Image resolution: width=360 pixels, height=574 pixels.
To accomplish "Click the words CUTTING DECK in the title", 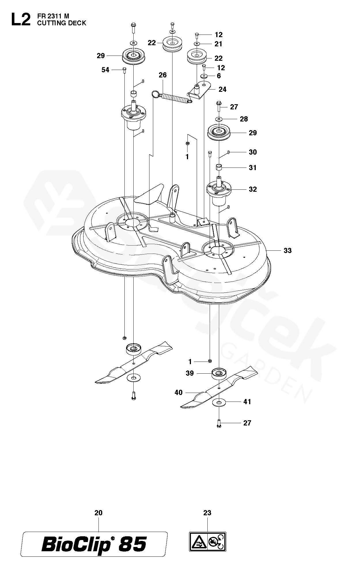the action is [x=61, y=23].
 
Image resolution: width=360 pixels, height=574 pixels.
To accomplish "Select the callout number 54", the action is [x=105, y=70].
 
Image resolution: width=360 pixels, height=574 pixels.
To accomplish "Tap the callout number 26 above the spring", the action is [x=163, y=75].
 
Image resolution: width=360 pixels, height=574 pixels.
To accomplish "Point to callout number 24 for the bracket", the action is [x=222, y=90].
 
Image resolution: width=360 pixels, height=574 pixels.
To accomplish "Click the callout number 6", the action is [x=219, y=76].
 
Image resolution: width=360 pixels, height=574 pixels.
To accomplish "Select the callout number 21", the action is [x=219, y=44].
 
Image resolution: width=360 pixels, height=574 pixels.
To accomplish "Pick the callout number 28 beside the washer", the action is [x=244, y=119].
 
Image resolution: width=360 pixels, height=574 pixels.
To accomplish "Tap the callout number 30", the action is [x=253, y=152].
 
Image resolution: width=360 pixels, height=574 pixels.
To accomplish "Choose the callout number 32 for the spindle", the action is [x=253, y=189].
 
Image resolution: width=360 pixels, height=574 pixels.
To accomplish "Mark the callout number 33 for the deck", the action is [x=287, y=250].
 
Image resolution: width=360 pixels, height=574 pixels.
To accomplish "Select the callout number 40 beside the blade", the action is [x=179, y=392].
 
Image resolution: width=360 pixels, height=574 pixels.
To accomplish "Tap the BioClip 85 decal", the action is [x=94, y=545].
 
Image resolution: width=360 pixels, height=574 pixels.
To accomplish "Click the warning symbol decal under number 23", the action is [x=207, y=541].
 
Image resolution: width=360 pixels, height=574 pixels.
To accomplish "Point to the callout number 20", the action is [x=98, y=513].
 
